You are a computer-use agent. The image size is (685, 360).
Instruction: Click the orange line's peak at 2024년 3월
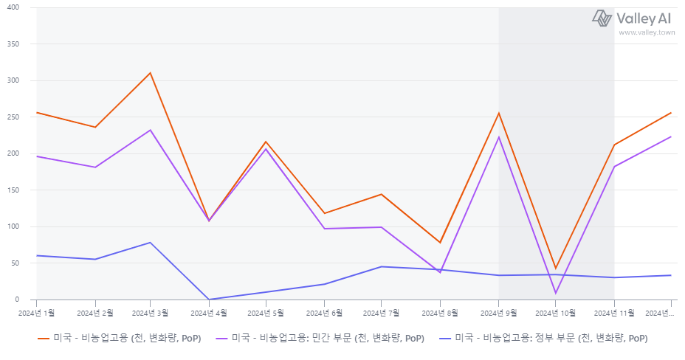pyautogui.click(x=151, y=73)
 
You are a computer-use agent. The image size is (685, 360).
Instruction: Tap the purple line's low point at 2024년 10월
pyautogui.click(x=556, y=293)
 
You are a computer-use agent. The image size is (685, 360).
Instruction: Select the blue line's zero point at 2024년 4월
pyautogui.click(x=209, y=300)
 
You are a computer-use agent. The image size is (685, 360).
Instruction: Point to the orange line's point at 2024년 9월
pyautogui.click(x=498, y=114)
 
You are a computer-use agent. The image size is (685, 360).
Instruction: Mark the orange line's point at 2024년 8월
pyautogui.click(x=440, y=243)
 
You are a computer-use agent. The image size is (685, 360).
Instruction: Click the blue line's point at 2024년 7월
pyautogui.click(x=382, y=266)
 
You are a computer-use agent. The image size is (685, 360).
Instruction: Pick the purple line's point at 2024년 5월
pyautogui.click(x=266, y=149)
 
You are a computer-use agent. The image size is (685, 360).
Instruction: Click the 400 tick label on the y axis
pyautogui.click(x=13, y=7)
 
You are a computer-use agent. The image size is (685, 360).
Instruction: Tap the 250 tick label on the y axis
pyautogui.click(x=13, y=117)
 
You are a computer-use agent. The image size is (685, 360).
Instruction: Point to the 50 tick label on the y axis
pyautogui.click(x=15, y=263)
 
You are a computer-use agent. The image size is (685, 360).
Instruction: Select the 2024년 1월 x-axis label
pyautogui.click(x=36, y=313)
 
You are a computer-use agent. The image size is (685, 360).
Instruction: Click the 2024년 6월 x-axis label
pyautogui.click(x=324, y=313)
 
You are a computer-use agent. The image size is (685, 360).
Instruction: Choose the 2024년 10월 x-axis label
pyautogui.click(x=555, y=313)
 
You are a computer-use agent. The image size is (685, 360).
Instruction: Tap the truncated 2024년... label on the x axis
pyautogui.click(x=660, y=313)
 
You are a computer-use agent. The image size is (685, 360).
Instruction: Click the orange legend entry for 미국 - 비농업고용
pyautogui.click(x=120, y=338)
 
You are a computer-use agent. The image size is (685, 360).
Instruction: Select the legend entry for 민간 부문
pyautogui.click(x=320, y=338)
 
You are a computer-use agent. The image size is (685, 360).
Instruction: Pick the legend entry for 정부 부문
pyautogui.click(x=543, y=338)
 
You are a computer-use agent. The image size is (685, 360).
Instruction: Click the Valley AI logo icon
pyautogui.click(x=602, y=18)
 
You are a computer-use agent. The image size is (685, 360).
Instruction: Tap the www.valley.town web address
pyautogui.click(x=647, y=32)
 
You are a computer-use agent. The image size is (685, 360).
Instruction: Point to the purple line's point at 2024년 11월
pyautogui.click(x=614, y=167)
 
